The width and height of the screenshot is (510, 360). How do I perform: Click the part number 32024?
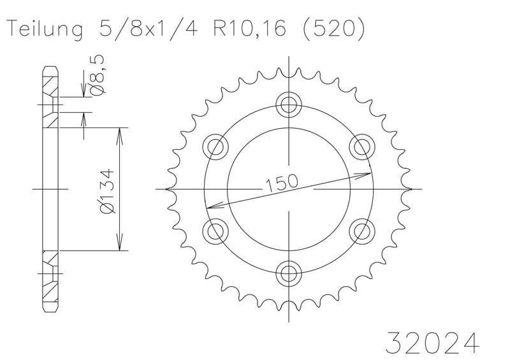click(432, 343)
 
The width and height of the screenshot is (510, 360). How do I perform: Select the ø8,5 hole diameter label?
click(98, 75)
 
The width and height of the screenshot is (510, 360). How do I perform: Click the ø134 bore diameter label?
click(108, 191)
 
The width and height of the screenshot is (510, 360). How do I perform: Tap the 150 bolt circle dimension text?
click(282, 183)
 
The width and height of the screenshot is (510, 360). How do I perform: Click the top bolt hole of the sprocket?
click(289, 104)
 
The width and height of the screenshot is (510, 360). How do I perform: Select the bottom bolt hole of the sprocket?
click(289, 273)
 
